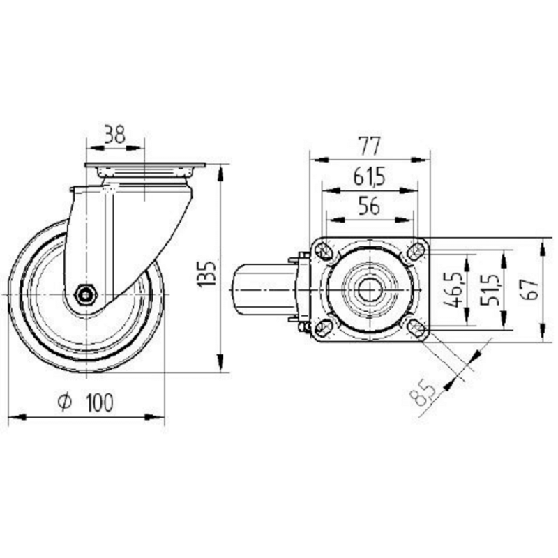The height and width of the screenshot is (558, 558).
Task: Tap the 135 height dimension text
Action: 206,274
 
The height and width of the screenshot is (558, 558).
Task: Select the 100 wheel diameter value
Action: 100,402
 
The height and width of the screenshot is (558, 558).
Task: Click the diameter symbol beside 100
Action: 65,402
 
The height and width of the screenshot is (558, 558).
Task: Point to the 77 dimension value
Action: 370,146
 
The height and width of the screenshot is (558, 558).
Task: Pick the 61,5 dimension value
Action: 370,177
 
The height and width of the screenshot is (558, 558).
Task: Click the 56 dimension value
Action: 370,206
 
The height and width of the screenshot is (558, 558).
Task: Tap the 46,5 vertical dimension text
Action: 455,289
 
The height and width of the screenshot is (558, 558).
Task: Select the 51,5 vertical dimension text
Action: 489,289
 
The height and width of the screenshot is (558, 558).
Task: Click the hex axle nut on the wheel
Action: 86,294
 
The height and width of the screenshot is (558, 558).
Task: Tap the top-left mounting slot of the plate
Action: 324,251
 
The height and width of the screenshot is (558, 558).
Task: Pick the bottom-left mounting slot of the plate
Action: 323,329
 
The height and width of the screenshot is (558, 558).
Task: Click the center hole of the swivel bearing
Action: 370,290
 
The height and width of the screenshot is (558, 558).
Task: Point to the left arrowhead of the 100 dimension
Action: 17,416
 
